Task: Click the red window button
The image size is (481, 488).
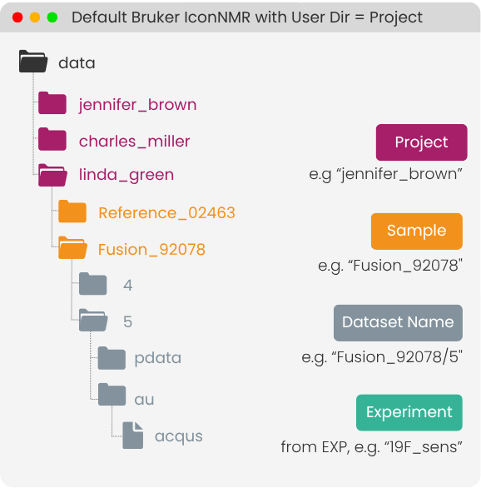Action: [17, 17]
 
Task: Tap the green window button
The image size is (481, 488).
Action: [52, 17]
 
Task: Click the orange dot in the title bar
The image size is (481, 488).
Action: [35, 17]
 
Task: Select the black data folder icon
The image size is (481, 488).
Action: [33, 62]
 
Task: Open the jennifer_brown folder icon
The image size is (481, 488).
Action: [52, 102]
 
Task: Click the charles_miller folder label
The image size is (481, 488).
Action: [134, 142]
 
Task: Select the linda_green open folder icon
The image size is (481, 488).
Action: [52, 175]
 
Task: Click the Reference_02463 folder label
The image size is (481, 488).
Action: [166, 213]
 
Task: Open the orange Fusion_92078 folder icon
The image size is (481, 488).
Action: [72, 247]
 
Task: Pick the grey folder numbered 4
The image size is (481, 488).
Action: [93, 283]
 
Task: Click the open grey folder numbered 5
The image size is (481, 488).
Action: [93, 320]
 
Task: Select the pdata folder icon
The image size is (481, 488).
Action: [112, 358]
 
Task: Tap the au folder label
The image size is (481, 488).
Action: [144, 400]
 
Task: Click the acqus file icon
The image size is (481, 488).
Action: [133, 436]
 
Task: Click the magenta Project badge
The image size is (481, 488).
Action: [422, 142]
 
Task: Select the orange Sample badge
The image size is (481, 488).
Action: [417, 232]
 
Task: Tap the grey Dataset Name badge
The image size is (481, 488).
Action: [398, 323]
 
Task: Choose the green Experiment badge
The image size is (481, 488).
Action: [409, 413]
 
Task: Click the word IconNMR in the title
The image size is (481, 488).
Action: [217, 17]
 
